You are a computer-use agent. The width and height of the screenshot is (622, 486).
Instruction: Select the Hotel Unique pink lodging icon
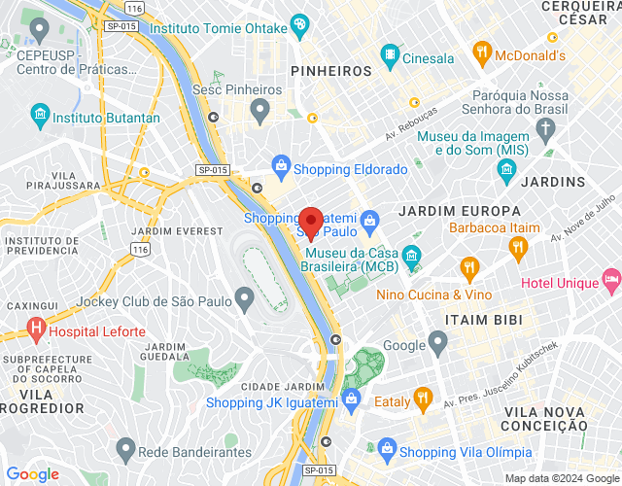click(x=611, y=282)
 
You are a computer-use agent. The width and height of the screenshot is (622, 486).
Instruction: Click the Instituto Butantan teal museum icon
click(x=40, y=117)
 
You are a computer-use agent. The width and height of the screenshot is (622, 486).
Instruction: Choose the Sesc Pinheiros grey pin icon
click(x=259, y=113)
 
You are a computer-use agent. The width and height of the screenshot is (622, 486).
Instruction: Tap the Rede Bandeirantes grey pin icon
click(x=125, y=449)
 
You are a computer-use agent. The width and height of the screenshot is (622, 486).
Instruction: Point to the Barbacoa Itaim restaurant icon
click(x=517, y=247)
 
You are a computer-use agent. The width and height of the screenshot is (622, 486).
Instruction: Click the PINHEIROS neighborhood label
click(x=331, y=71)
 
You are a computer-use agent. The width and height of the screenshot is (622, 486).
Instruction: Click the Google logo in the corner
click(x=32, y=474)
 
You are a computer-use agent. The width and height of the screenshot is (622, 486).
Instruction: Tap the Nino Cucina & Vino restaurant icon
click(x=470, y=266)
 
